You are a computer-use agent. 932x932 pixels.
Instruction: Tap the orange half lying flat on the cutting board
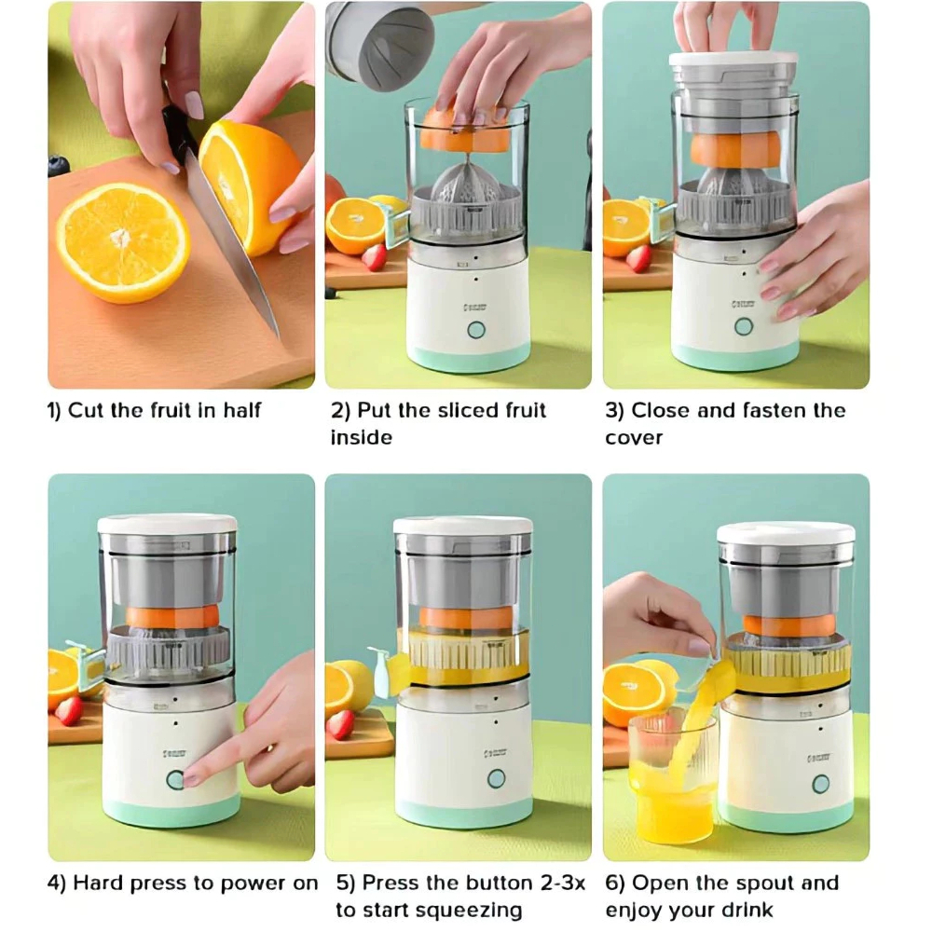point(123,242)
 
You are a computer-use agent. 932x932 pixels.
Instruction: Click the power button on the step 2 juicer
point(476,330)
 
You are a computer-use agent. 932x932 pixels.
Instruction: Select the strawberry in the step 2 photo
point(375,257)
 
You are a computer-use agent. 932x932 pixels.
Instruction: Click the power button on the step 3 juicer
point(744,326)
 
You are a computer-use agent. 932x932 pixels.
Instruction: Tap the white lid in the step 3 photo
point(733,58)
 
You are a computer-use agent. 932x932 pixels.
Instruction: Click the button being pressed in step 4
point(176,780)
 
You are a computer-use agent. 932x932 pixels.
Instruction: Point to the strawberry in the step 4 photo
point(69,710)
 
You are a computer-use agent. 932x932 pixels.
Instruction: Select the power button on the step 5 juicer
point(497,778)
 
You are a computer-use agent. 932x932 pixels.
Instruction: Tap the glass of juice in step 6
point(671,777)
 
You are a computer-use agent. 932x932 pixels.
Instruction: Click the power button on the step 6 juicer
point(821,784)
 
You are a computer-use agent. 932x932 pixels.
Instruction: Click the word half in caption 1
point(242,410)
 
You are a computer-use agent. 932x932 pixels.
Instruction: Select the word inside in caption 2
point(362,437)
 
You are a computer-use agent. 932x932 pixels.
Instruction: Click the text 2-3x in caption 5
point(563,883)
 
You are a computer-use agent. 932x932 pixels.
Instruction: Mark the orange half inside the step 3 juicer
point(735,150)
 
